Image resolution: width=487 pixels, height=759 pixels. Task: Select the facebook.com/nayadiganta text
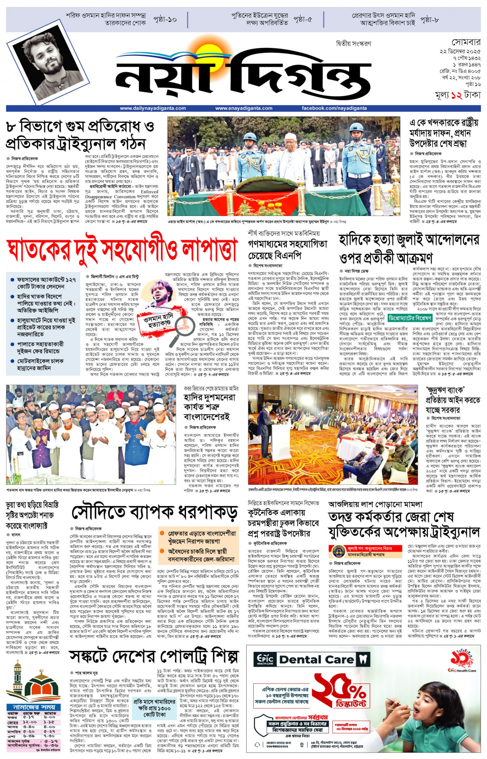click(x=334, y=108)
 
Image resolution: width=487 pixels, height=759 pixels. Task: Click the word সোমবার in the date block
click(x=466, y=42)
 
